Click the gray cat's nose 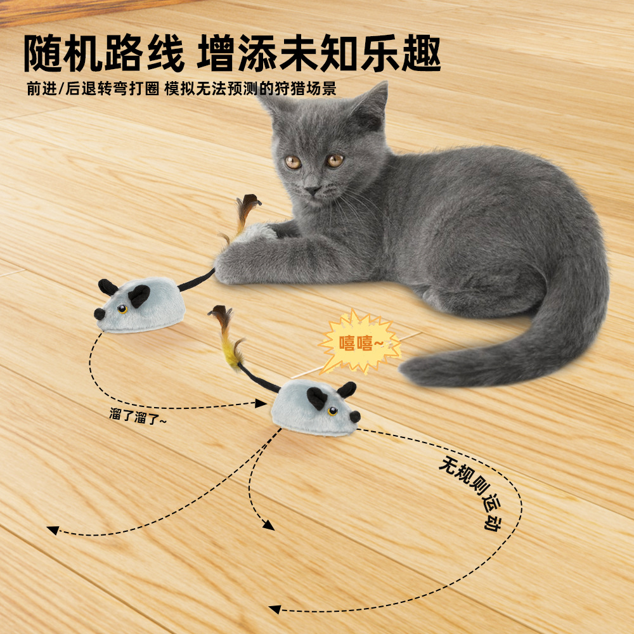[312, 188]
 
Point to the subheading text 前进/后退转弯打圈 [91, 89]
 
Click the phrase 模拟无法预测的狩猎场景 [250, 89]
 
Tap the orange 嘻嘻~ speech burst [359, 343]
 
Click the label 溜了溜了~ [137, 416]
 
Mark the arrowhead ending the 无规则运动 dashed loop [274, 609]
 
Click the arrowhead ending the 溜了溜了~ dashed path [261, 403]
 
